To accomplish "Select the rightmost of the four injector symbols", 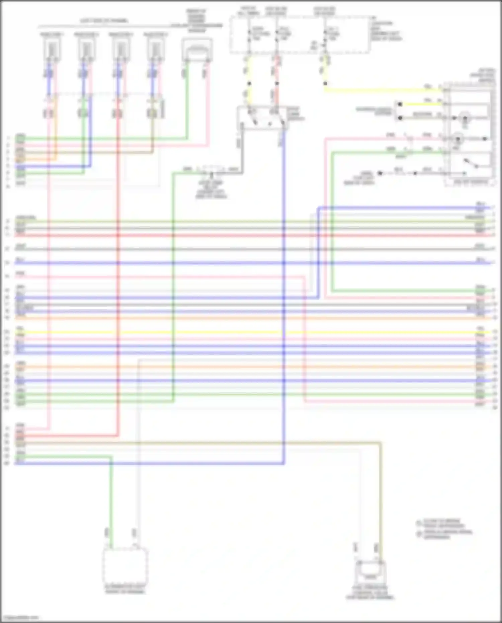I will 154,49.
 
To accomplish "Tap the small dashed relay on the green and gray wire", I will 212,170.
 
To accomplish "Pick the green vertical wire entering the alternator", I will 111,502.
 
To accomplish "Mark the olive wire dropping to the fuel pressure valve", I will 381,502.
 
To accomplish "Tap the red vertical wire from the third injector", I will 118,268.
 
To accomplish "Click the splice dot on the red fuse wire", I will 277,83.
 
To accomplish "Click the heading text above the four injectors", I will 104,21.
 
